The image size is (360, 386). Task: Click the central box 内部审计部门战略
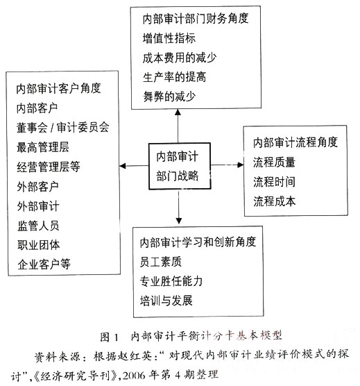pos(180,166)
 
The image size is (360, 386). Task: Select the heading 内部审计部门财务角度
pos(196,19)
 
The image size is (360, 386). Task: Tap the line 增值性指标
pos(169,38)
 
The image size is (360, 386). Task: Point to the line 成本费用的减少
pos(180,58)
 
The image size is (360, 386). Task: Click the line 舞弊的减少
pos(170,96)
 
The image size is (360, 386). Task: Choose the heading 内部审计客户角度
pos(58,89)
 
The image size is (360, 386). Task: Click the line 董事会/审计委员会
pos(62,128)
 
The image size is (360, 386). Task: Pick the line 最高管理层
pos(43,147)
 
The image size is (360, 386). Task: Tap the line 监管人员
pos(38,226)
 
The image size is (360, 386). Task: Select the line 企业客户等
pos(44,264)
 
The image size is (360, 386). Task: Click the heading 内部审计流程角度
pos(295,142)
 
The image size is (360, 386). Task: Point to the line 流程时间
pos(274,182)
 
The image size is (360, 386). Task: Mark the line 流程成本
pos(275,201)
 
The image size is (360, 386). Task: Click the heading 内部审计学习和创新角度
pos(198,242)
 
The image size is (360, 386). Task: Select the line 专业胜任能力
pos(171,281)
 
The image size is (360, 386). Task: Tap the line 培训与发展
pos(166,301)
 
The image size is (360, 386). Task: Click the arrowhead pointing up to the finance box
pos(178,112)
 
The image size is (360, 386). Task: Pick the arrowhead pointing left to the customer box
pos(123,166)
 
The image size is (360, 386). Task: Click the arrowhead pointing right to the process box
pos(241,165)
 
